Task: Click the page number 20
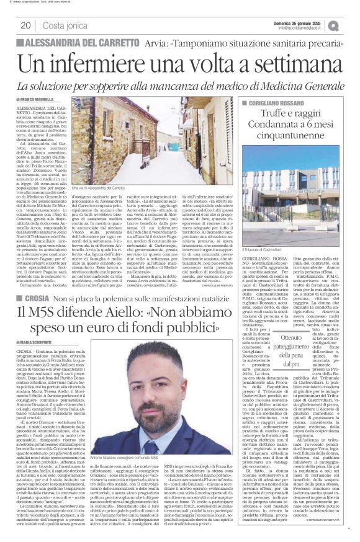25,25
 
